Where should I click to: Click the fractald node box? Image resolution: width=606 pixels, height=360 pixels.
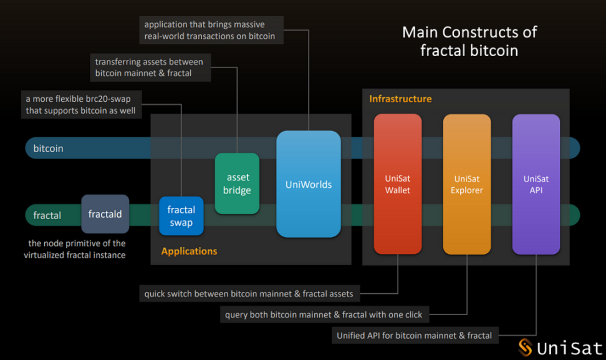[x=105, y=214]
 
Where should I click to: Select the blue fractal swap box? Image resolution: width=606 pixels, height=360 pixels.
[x=181, y=216]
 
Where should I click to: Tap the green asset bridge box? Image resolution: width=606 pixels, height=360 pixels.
[x=237, y=184]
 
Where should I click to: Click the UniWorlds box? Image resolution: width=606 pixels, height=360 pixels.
[x=309, y=184]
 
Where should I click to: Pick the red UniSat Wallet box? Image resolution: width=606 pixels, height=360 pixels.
[x=397, y=184]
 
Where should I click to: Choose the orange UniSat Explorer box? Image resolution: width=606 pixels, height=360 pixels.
[x=466, y=184]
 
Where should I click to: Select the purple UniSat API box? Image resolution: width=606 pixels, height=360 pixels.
[x=536, y=184]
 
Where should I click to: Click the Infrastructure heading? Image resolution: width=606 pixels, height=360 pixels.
[x=400, y=99]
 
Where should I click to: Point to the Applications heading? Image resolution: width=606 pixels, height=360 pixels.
[x=189, y=251]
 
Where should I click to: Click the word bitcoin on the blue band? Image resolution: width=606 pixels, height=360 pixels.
[x=48, y=148]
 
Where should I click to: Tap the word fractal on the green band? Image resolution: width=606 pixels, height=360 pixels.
[x=47, y=215]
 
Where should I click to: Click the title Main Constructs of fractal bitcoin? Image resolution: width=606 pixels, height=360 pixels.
[x=469, y=41]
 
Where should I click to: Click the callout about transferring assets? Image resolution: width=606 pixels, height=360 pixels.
[x=149, y=67]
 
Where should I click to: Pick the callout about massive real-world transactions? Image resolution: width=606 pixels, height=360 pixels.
[x=209, y=31]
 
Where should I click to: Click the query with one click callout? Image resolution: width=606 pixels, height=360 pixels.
[x=324, y=314]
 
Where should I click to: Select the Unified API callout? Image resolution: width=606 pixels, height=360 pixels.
[x=414, y=336]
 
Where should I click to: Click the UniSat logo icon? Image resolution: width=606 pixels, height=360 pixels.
[x=526, y=348]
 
